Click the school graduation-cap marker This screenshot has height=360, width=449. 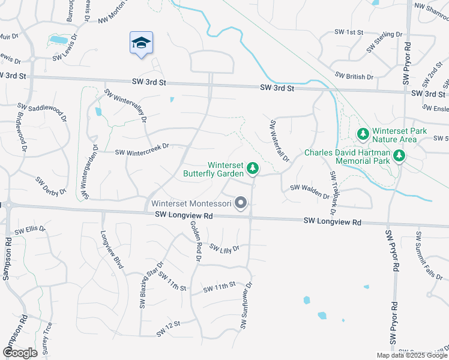[x=141, y=43]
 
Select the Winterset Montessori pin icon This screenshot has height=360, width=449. [x=241, y=203]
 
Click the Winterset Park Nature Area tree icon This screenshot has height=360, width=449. [x=363, y=134]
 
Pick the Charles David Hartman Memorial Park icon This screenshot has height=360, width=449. [x=399, y=156]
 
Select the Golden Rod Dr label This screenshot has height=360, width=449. [x=196, y=240]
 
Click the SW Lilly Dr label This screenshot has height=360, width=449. [x=224, y=247]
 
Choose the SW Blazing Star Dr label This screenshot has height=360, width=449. [x=151, y=285]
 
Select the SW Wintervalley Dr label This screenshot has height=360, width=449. [x=125, y=106]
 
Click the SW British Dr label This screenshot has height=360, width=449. [x=354, y=76]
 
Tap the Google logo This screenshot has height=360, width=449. [x=20, y=353]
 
